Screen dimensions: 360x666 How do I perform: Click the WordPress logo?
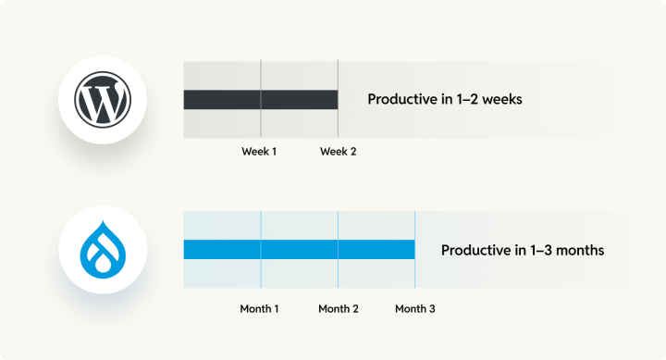(x=104, y=100)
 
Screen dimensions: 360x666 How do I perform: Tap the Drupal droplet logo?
(x=104, y=249)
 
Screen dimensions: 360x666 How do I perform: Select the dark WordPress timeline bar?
(x=260, y=100)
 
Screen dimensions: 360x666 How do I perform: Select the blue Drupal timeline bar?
(x=299, y=250)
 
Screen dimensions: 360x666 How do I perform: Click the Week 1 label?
(x=259, y=152)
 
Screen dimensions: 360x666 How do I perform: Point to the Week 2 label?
(x=338, y=152)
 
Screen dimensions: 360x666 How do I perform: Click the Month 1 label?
(x=260, y=309)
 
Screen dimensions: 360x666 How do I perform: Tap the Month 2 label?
(x=339, y=309)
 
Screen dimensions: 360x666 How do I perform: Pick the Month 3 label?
(x=415, y=309)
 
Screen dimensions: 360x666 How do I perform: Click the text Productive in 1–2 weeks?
(x=445, y=100)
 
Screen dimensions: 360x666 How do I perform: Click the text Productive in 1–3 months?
(x=523, y=250)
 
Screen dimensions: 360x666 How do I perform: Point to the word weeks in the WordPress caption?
(x=502, y=100)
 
